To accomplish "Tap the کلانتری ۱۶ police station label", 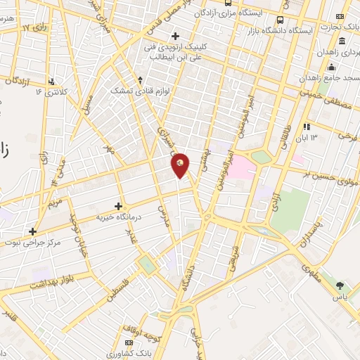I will (56, 91).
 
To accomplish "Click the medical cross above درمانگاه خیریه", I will (118, 206).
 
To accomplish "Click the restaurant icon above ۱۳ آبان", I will (307, 127).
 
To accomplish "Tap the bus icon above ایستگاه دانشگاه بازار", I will (281, 20).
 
